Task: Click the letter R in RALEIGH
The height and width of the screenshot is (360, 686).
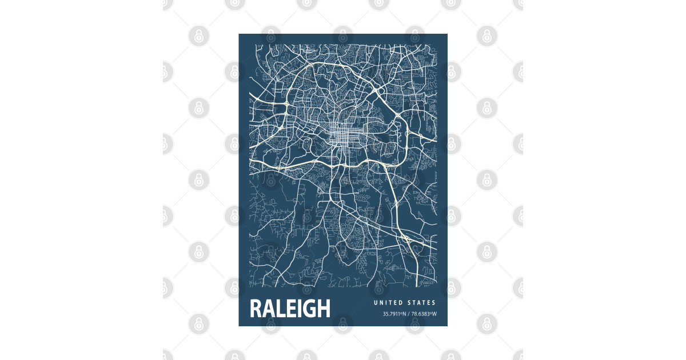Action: click(x=256, y=309)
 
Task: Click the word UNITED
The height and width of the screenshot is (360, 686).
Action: click(x=388, y=303)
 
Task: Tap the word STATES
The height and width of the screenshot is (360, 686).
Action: click(x=421, y=303)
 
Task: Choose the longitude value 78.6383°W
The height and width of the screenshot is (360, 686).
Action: click(x=423, y=314)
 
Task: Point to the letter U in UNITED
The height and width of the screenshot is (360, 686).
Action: click(x=376, y=303)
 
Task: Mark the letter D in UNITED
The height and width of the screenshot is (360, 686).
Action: click(x=400, y=303)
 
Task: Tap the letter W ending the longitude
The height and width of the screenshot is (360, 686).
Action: click(x=434, y=314)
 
